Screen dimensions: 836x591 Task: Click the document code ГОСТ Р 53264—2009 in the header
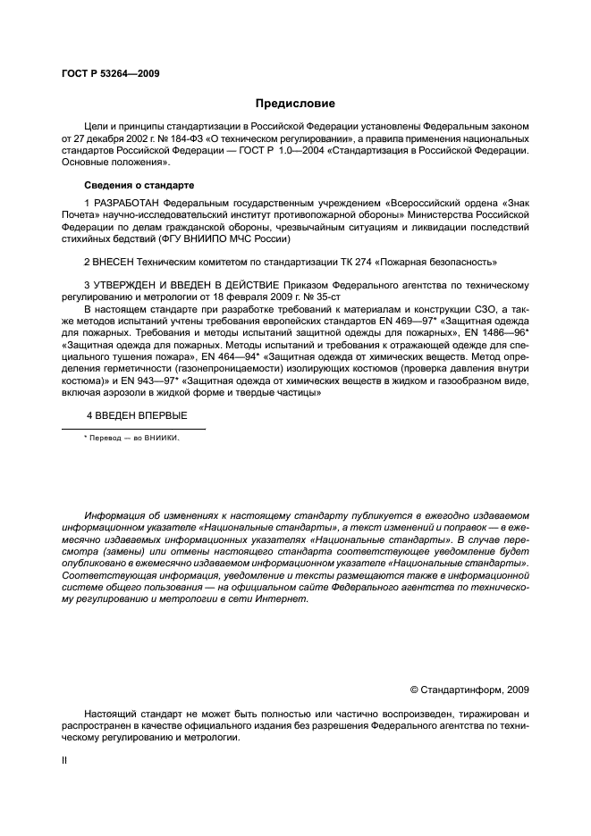[x=110, y=74]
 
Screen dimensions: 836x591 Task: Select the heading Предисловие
[x=295, y=104]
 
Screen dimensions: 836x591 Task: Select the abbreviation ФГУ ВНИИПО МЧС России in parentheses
[x=234, y=238]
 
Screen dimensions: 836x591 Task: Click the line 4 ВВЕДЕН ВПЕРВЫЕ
[x=137, y=415]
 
